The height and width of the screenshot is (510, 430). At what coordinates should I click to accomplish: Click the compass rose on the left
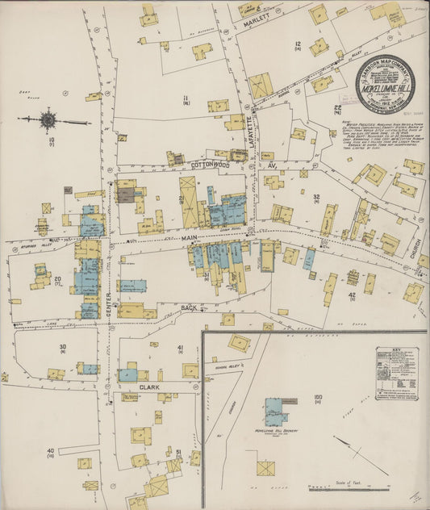tap(48, 121)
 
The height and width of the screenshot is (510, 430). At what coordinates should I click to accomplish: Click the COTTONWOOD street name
tap(212, 164)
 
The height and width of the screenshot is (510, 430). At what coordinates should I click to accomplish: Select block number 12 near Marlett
tap(298, 44)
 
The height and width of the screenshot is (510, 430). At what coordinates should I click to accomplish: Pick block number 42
tap(352, 296)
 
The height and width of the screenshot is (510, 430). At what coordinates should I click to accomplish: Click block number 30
tap(62, 346)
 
